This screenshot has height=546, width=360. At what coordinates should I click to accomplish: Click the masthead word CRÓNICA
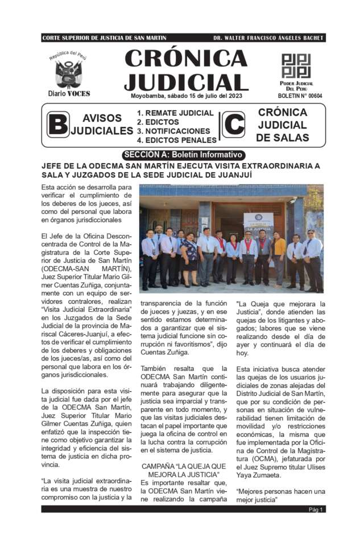186,58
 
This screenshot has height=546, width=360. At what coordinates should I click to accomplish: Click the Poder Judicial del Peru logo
296,66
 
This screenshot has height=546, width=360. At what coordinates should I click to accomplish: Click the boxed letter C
233,125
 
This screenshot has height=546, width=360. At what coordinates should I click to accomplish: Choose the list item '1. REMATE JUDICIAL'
175,113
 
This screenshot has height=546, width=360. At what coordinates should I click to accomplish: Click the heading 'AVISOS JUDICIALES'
102,125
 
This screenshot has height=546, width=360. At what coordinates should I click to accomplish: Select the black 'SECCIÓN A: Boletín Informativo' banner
183,155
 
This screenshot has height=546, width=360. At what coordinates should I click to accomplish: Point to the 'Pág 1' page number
316,509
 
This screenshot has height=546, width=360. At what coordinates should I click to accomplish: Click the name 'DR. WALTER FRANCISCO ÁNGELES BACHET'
268,38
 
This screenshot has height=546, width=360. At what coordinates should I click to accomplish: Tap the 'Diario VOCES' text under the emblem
69,93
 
